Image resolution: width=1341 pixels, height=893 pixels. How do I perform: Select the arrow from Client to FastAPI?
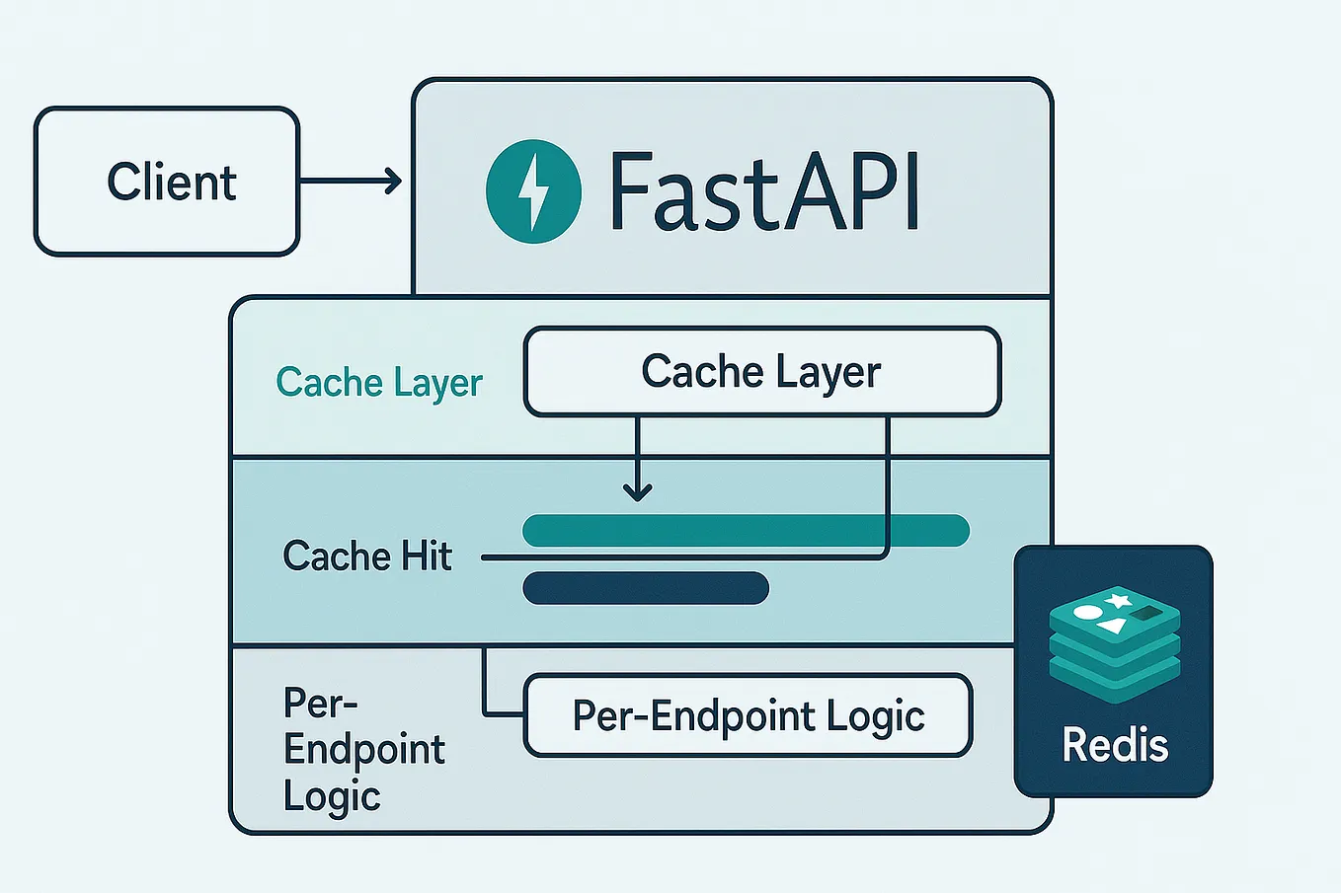pos(351,182)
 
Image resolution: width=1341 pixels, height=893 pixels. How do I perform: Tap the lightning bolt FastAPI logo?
pos(533,191)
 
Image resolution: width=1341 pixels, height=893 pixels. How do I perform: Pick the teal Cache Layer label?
pos(379,383)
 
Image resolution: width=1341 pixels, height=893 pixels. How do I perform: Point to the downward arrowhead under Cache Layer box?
pos(638,489)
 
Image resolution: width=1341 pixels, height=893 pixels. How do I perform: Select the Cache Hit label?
pos(366,557)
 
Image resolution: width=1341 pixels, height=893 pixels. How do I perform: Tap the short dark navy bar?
pos(646,588)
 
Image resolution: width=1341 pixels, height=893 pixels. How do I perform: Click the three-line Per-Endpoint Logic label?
pos(363,750)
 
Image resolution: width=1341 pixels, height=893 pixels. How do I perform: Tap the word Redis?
pos(1115,745)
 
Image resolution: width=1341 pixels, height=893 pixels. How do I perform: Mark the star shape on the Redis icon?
pos(1117,599)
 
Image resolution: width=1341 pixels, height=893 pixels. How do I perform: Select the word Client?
pos(172,183)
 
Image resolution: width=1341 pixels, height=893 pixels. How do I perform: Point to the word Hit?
pos(427,557)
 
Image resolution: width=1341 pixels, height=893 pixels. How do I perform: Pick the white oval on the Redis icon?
pos(1086,612)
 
